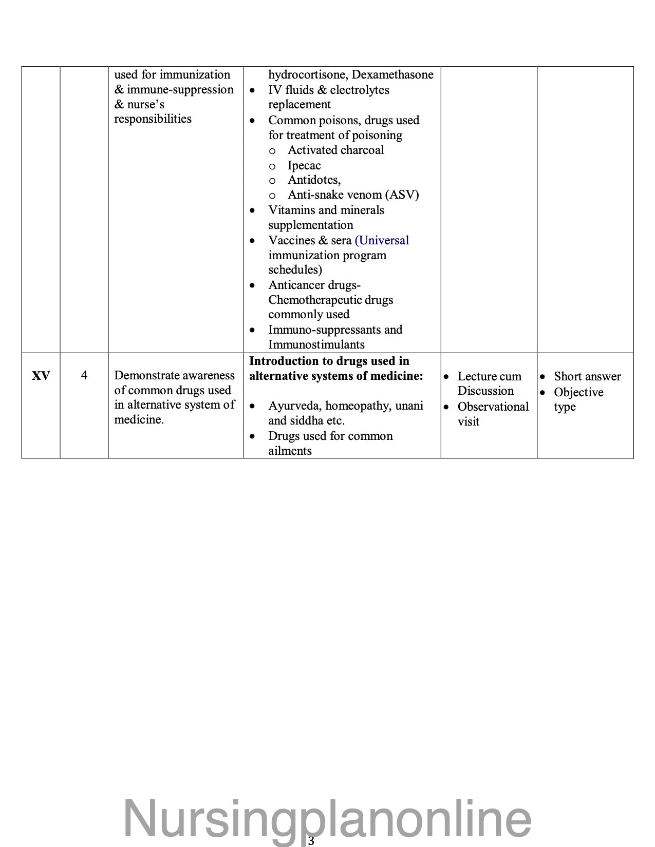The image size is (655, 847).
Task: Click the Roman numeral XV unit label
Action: pyautogui.click(x=41, y=376)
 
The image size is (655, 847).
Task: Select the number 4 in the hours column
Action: pyautogui.click(x=84, y=376)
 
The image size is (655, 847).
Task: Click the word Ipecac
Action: pyautogui.click(x=304, y=166)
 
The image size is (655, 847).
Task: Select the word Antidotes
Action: pyautogui.click(x=314, y=180)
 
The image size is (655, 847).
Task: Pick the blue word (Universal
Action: pyautogui.click(x=382, y=241)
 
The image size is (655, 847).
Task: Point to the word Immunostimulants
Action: pyautogui.click(x=316, y=345)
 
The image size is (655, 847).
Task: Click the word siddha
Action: pyautogui.click(x=307, y=421)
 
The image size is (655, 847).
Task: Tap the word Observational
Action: pyautogui.click(x=493, y=407)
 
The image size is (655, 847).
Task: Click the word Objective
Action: pyautogui.click(x=578, y=393)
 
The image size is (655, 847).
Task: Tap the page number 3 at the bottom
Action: pyautogui.click(x=311, y=840)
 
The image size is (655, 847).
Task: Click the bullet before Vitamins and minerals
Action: pyautogui.click(x=252, y=211)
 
